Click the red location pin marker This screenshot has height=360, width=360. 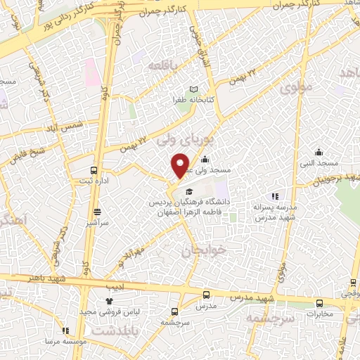pos(180,165)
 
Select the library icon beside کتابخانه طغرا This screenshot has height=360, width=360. pos(194,89)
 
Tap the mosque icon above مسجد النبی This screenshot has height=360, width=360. pos(319,151)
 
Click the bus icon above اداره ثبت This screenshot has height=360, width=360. pos(93,170)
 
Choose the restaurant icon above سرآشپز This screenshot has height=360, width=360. pos(97,210)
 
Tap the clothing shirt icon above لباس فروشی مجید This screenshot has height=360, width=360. pos(109,301)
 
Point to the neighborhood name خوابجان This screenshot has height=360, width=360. pos(205,250)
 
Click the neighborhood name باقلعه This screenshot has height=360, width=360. pos(165,65)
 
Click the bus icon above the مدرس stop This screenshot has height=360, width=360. pos(206,295)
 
